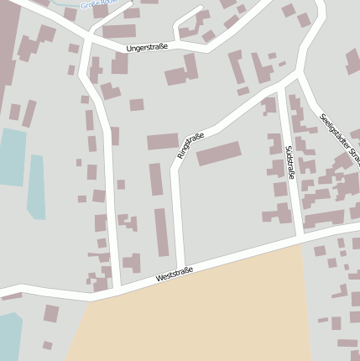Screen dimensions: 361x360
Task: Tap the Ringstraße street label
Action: [190, 145]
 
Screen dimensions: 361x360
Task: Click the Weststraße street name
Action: [175, 274]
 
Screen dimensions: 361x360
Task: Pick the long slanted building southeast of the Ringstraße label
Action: [218, 154]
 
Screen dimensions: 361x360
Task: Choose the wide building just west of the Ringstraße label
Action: [163, 141]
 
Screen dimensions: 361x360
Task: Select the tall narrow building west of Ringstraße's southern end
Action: [160, 232]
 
